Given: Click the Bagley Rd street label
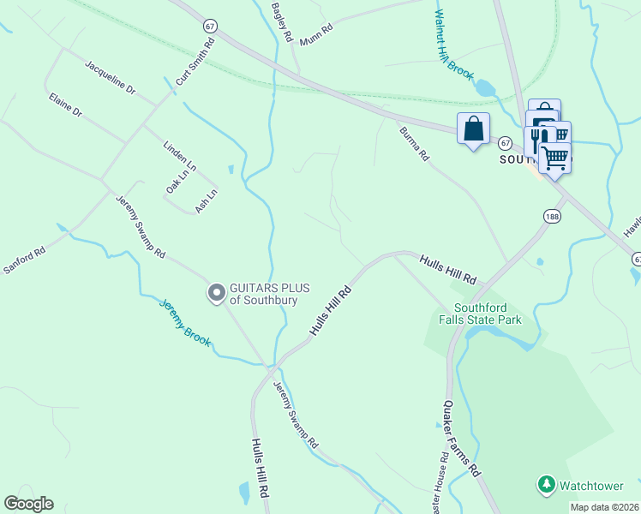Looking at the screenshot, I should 283,23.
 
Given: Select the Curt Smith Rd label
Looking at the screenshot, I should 195,63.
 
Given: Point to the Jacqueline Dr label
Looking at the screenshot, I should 111,76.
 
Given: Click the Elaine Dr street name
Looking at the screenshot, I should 65,105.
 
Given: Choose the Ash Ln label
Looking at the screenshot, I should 207,200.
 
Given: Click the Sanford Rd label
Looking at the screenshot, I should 24,260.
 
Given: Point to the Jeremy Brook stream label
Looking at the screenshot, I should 185,322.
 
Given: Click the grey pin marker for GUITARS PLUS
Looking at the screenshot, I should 217,294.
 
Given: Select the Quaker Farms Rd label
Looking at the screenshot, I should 461,438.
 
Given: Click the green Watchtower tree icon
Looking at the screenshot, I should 546,485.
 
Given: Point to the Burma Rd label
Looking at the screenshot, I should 414,144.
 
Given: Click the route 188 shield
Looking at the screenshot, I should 551,217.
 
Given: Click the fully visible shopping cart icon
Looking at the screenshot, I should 554,158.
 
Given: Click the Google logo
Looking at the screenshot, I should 28,504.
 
